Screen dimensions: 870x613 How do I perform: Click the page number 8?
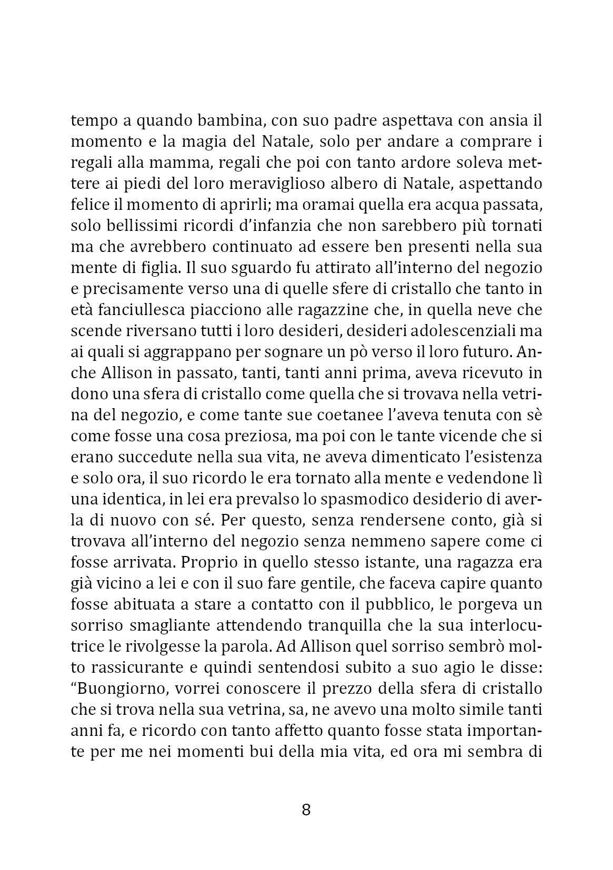(x=306, y=810)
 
